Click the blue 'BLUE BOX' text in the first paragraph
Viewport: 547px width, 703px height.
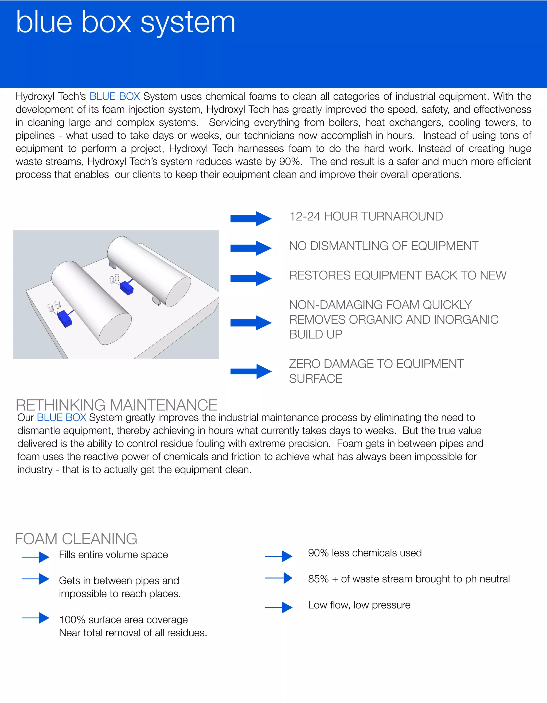[114, 96]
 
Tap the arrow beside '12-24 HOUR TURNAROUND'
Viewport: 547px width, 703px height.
[251, 219]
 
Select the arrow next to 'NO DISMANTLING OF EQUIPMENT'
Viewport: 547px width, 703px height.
[251, 248]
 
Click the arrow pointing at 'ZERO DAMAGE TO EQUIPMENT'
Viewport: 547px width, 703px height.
[251, 371]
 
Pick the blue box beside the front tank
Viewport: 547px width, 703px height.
[65, 318]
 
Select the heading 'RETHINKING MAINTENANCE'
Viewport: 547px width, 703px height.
[116, 405]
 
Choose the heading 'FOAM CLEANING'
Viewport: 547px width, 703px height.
[76, 539]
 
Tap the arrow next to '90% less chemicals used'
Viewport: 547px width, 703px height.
[279, 556]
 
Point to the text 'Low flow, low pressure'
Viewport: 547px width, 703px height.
[359, 605]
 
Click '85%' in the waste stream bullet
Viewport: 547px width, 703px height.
[318, 579]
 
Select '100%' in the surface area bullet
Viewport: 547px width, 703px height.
[72, 620]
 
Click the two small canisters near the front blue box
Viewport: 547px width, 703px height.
[54, 306]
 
